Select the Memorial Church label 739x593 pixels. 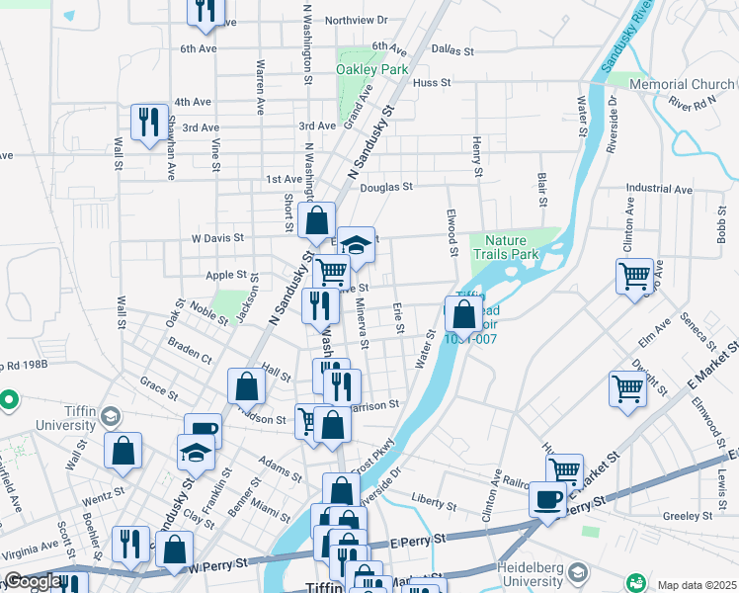click(682, 85)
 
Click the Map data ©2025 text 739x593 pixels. click(697, 585)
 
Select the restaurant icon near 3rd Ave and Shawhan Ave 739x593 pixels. click(149, 123)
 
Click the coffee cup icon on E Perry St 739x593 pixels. click(546, 498)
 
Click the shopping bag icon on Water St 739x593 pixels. click(462, 314)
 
